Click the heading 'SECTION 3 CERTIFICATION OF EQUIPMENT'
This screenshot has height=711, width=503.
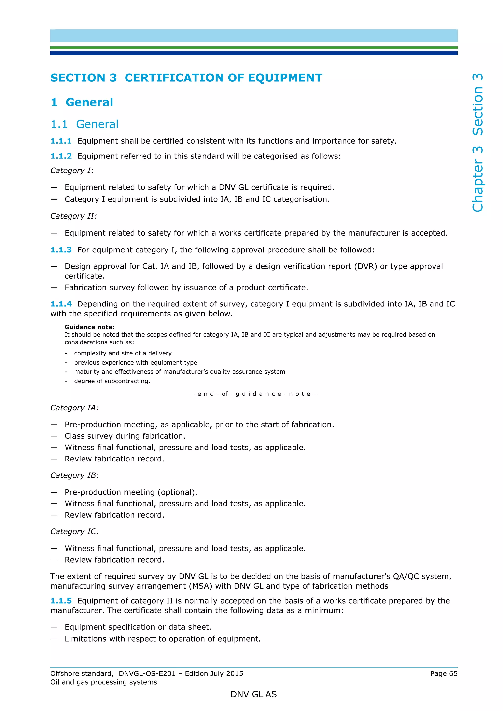[x=186, y=78]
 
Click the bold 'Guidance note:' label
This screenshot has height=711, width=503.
[x=89, y=327]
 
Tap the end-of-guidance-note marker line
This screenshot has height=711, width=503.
[x=253, y=394]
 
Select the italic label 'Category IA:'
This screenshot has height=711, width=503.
[x=74, y=408]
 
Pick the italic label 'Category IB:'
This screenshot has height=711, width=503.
[x=74, y=475]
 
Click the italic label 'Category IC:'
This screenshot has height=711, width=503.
[x=74, y=531]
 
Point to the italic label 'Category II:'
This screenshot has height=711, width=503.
[x=73, y=216]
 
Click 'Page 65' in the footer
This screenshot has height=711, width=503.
[x=444, y=673]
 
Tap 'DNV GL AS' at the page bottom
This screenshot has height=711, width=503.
[x=253, y=694]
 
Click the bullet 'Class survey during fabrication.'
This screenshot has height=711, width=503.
[x=125, y=436]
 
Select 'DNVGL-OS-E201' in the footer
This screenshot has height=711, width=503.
[x=147, y=673]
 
